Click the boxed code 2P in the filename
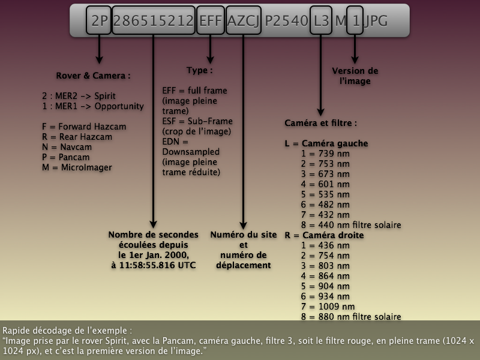98,20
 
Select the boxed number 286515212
154,20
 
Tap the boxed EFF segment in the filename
211,20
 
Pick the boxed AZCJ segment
244,20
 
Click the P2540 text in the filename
286,21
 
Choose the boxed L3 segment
321,20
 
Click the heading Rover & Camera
93,76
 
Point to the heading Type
200,70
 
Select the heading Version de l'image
355,76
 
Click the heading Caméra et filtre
320,123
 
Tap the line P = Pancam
66,157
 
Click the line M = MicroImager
77,167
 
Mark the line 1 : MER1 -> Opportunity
93,106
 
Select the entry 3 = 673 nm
325,174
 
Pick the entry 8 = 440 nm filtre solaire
351,225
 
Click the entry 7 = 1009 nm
328,307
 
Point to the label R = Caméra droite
324,235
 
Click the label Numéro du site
244,235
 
